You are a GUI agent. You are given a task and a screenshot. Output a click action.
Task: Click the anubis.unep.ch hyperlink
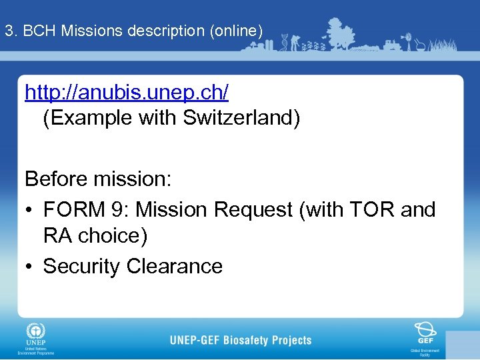click(x=127, y=93)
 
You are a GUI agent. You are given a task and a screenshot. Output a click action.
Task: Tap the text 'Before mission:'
click(x=98, y=179)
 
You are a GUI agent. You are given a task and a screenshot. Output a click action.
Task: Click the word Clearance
click(x=175, y=266)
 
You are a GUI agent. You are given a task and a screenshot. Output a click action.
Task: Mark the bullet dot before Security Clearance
click(x=29, y=267)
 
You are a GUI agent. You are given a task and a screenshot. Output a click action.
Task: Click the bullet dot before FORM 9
click(x=29, y=210)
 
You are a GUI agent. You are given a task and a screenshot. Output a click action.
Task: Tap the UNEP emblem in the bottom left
click(x=35, y=332)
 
